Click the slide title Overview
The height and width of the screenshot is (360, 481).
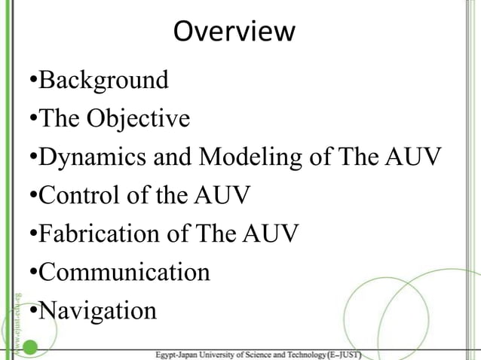click(234, 32)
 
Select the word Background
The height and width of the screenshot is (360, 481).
click(103, 80)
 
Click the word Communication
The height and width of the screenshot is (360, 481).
click(124, 272)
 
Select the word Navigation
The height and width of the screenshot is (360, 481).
click(98, 310)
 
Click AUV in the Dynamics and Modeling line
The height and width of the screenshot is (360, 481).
click(412, 157)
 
